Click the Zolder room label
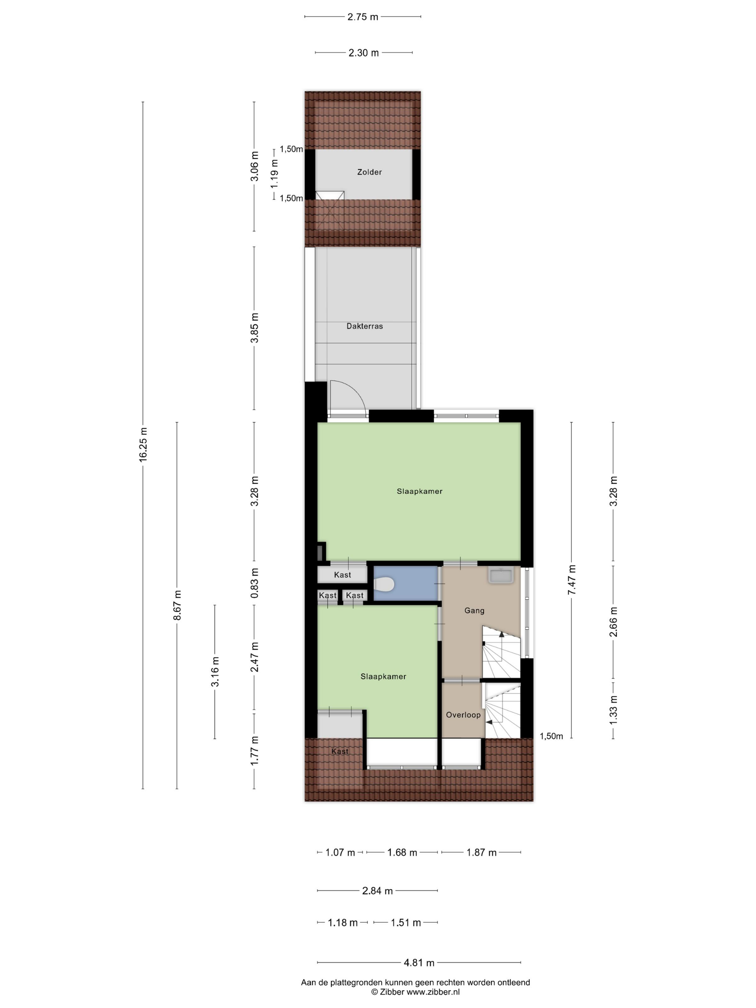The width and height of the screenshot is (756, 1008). (369, 172)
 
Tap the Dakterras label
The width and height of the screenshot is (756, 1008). (365, 326)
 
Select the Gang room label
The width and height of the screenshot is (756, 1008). (474, 611)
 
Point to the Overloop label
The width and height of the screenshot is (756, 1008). (463, 715)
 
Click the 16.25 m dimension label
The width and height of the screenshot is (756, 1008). (143, 445)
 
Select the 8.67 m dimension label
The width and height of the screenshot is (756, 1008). (177, 605)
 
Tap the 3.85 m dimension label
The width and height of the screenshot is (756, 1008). (254, 328)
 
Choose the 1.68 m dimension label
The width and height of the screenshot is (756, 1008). (402, 852)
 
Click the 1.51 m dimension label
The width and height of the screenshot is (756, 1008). (406, 923)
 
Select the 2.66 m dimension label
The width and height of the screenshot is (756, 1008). (613, 622)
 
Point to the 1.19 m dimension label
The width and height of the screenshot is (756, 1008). (274, 173)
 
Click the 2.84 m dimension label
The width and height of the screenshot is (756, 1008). (377, 891)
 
